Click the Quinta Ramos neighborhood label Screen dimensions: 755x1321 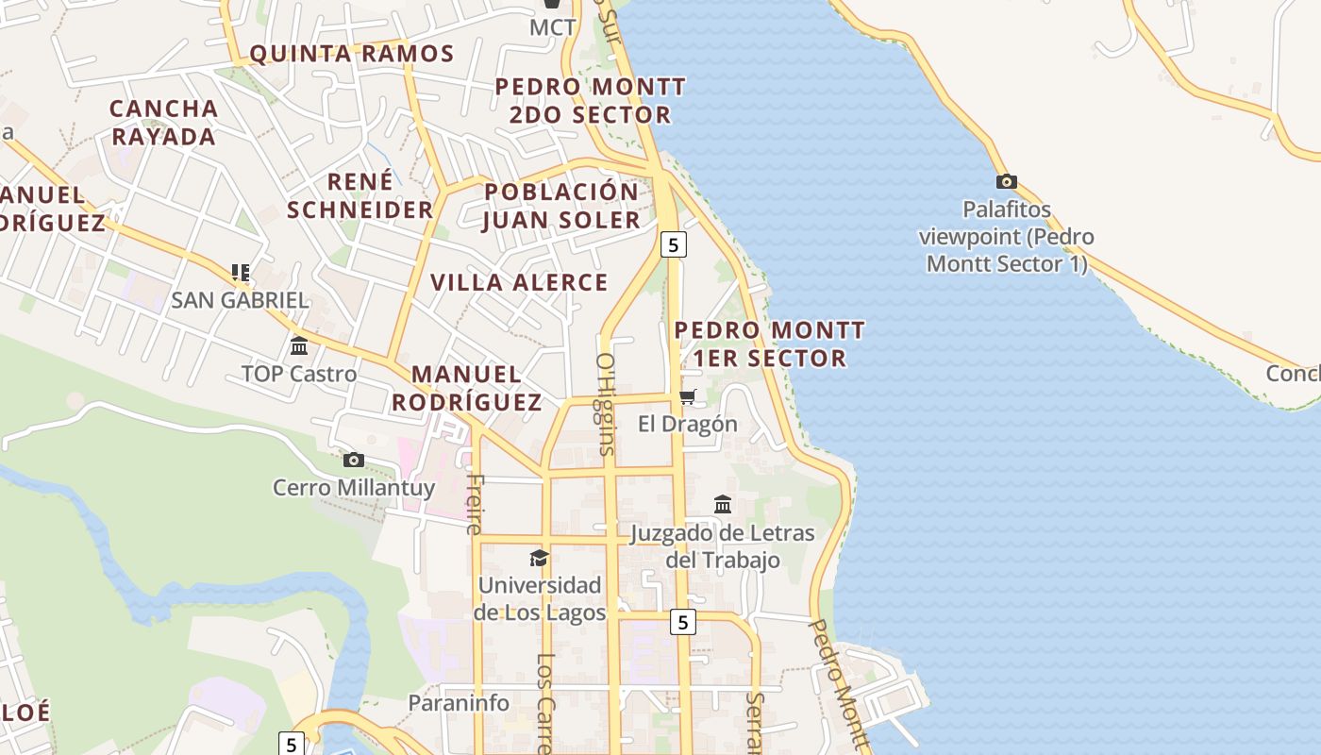(x=352, y=54)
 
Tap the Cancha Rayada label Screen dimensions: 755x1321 (x=164, y=123)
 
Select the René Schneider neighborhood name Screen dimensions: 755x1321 (x=360, y=195)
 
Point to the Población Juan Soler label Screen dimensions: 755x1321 (x=561, y=206)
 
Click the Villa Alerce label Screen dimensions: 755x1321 (x=519, y=282)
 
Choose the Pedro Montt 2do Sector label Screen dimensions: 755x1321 (x=590, y=101)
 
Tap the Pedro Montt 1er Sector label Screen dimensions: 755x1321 (x=769, y=344)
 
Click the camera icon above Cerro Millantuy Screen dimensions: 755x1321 (x=354, y=460)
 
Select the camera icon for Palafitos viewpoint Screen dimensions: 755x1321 (x=1006, y=181)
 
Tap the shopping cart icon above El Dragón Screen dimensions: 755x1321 (x=688, y=396)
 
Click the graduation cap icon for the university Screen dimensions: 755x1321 (x=539, y=558)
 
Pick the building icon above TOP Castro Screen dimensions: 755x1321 (x=299, y=345)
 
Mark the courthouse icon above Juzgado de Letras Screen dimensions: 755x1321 (x=723, y=505)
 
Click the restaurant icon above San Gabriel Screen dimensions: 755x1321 (x=241, y=273)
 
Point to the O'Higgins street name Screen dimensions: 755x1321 (x=605, y=404)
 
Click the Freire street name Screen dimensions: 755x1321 (x=475, y=503)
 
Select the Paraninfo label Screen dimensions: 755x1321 (x=459, y=703)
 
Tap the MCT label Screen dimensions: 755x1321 (x=552, y=27)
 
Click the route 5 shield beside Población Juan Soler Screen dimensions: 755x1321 (x=673, y=244)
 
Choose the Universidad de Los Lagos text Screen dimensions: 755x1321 (x=540, y=599)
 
